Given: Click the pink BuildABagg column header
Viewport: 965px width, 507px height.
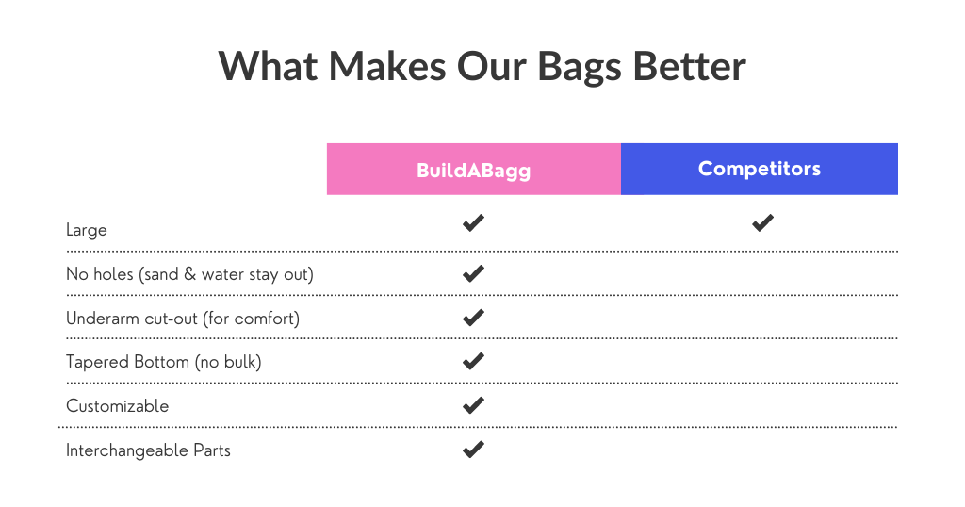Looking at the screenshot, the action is (474, 170).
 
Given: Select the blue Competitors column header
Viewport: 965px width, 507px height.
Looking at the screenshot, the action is (760, 170).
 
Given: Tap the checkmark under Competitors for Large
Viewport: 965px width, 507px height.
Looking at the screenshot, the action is (762, 222).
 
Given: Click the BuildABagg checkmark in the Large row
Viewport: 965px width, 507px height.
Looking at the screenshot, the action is (473, 222).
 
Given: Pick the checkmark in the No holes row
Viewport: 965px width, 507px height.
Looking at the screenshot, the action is (473, 273).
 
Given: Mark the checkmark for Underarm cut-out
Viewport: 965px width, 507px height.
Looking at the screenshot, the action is (473, 318).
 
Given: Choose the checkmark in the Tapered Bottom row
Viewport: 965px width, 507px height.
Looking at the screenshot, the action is (473, 361).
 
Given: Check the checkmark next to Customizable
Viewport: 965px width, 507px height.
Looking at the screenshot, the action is (473, 405).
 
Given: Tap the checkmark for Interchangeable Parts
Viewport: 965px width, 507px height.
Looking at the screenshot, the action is (473, 450).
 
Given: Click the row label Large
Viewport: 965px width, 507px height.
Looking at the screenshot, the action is (86, 231).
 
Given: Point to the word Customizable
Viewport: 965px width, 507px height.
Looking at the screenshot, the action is (117, 406).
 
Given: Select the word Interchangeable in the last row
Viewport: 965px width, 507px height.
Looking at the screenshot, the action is (127, 451).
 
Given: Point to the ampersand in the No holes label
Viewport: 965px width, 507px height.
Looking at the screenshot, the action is (189, 274).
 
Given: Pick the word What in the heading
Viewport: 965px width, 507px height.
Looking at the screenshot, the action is (268, 65).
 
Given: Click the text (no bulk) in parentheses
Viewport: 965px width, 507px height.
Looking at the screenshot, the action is (228, 362).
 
